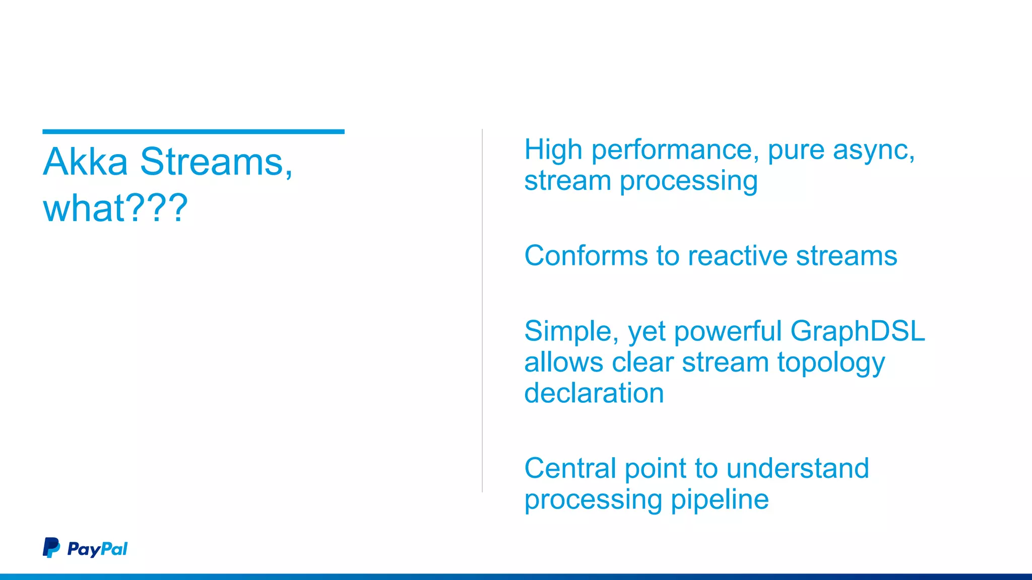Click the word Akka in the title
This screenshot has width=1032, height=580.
[x=85, y=162]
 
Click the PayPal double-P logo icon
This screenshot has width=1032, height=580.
[x=51, y=548]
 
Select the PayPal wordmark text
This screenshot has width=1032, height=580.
[x=97, y=549]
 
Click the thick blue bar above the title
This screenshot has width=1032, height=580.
[x=193, y=132]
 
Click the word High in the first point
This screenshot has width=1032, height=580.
[x=553, y=150]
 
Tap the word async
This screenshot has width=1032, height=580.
[x=873, y=151]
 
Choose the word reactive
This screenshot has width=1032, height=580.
[x=737, y=256]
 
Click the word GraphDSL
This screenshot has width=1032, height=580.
[x=857, y=332]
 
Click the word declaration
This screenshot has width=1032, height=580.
[x=594, y=393]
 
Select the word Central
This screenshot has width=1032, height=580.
[x=570, y=468]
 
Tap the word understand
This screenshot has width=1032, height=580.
[x=797, y=468]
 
